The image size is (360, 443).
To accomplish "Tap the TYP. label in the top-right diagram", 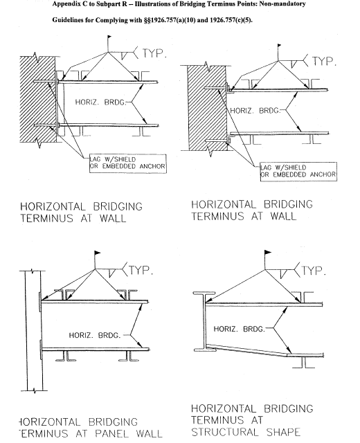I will (x=323, y=61).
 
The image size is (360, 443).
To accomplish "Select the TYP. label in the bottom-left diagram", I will (x=141, y=270).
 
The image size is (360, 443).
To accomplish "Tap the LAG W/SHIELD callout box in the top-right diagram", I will (x=298, y=170).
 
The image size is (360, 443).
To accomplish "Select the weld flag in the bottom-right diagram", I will (x=267, y=257).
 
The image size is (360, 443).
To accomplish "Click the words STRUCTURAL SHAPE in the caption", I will (x=246, y=433).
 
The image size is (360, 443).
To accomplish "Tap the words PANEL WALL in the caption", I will (x=124, y=434).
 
